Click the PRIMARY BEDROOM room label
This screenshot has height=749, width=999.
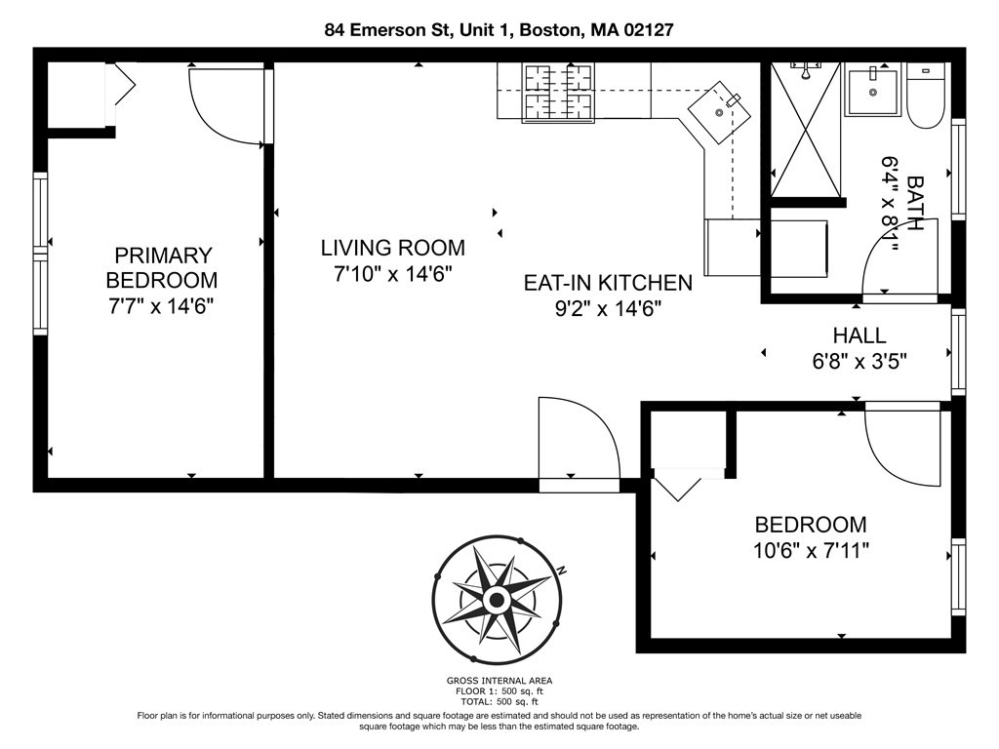[162, 267]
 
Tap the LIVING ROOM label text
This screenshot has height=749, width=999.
[392, 248]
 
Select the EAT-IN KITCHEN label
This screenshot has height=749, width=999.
[608, 283]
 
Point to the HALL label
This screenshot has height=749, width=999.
[859, 335]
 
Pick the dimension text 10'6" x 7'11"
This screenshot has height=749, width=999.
[811, 550]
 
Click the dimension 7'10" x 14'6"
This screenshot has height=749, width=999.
[392, 274]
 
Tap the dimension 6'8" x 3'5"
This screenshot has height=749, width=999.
[859, 362]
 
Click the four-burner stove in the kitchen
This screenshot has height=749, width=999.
[557, 93]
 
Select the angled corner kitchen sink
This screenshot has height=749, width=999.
[719, 113]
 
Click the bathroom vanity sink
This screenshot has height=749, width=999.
[873, 90]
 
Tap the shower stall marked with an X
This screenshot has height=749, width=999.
[805, 130]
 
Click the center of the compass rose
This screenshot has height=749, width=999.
[497, 600]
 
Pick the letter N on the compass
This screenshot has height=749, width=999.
[561, 570]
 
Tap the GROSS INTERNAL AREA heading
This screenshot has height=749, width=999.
[499, 681]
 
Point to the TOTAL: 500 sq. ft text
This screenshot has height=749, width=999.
[499, 701]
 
